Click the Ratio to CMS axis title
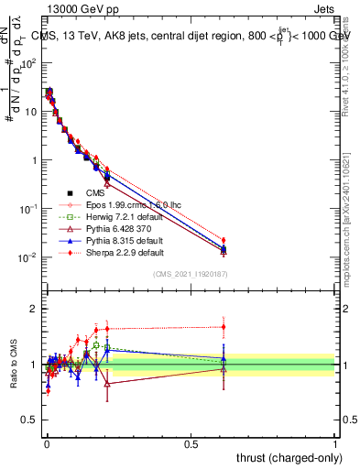pos(13,365)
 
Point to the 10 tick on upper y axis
pos(30,112)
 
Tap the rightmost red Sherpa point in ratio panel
pos(224,326)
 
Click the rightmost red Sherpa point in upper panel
pos(224,240)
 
